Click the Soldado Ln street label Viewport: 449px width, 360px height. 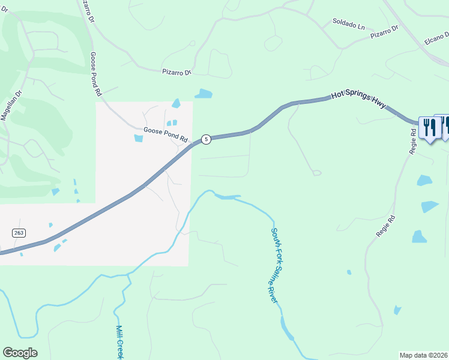[349, 24]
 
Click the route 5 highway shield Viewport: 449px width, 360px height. [206, 139]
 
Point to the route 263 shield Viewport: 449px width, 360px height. [17, 233]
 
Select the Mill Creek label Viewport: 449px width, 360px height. [119, 342]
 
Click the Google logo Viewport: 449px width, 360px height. [20, 352]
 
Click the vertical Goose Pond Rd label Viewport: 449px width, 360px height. [95, 74]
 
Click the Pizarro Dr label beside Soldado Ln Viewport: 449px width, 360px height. [385, 32]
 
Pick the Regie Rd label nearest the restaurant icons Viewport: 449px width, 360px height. [413, 140]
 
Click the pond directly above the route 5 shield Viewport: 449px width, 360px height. [203, 94]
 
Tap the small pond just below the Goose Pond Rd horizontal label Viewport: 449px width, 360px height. [139, 139]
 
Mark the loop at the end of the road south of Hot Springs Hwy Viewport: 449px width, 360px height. [316, 173]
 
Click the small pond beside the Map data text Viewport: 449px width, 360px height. [397, 310]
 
